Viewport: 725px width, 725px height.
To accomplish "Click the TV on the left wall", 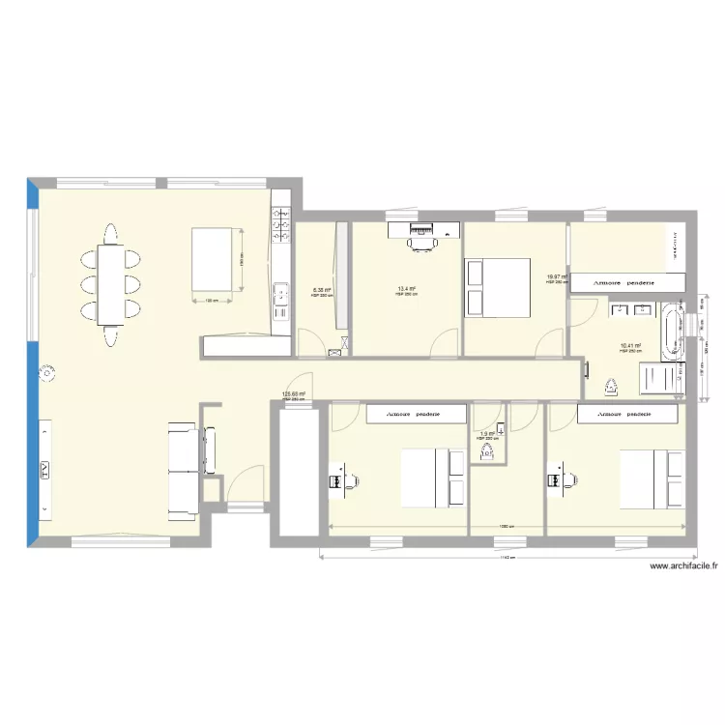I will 45,470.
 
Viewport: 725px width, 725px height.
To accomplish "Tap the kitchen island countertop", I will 215,258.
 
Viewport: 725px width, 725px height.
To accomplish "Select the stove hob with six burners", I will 282,229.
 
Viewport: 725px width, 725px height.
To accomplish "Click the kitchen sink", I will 282,294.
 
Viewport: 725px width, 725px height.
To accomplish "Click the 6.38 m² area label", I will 322,289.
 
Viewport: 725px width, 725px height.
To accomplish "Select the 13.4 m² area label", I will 406,288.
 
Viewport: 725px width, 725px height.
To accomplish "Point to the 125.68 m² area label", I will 293,393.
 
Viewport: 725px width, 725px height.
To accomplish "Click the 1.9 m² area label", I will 486,433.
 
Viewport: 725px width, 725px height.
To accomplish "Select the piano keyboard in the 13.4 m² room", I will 422,230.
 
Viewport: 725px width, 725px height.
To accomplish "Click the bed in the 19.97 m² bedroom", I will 498,286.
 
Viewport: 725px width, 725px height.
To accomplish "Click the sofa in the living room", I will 182,469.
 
